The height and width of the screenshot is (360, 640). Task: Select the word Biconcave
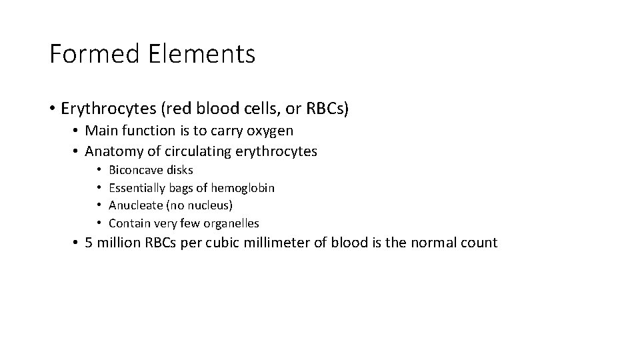[134, 170]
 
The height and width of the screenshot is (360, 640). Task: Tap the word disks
[178, 170]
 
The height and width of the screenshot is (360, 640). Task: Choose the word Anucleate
[135, 205]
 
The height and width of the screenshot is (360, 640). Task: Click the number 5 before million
[89, 243]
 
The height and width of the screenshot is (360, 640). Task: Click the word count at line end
[478, 243]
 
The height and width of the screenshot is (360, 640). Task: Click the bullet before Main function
[77, 130]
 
